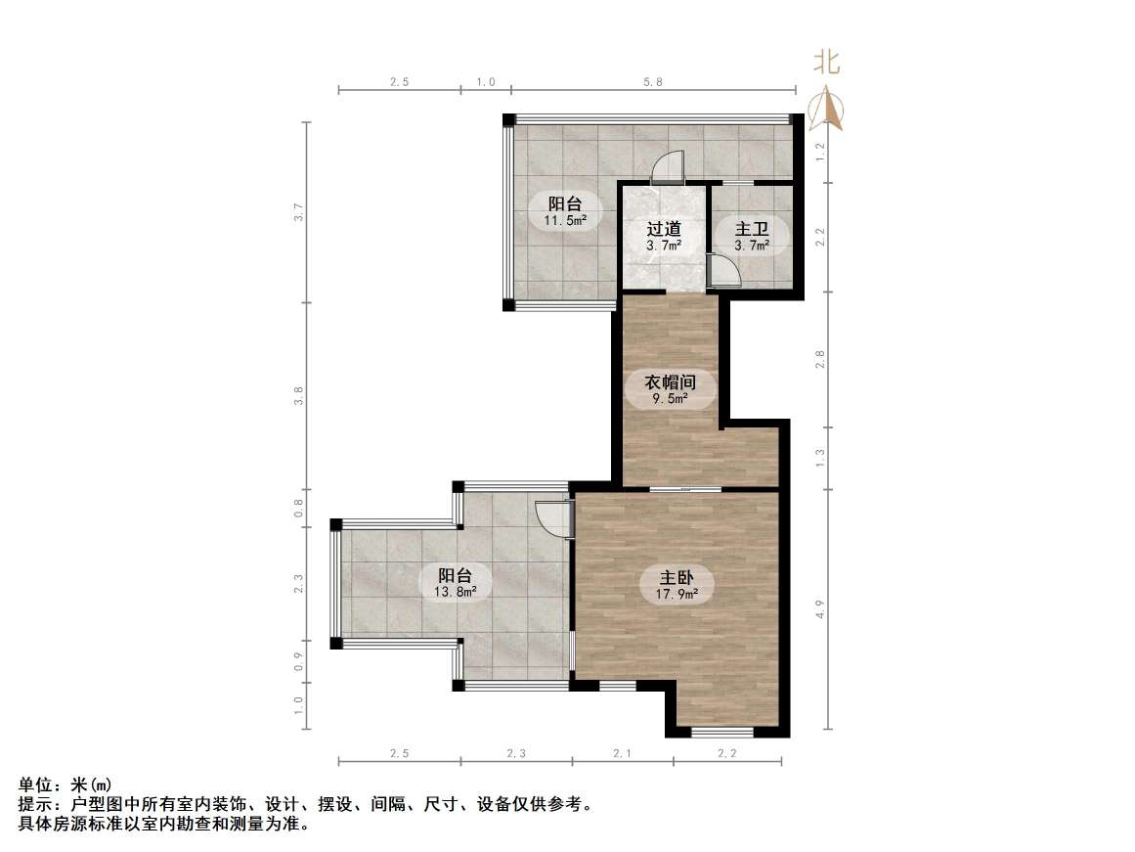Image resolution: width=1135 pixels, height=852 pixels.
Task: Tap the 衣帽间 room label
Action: point(670,381)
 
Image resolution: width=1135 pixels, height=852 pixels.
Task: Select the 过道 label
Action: point(663,230)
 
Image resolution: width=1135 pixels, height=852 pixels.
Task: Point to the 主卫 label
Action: point(752,230)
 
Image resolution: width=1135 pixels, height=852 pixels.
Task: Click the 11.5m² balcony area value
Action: point(565,221)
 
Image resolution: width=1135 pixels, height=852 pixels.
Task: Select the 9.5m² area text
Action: point(670,398)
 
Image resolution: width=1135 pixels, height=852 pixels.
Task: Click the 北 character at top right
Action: point(827,64)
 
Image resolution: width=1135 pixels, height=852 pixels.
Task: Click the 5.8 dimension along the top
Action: point(653,82)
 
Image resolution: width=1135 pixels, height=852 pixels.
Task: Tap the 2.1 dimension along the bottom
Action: point(622,753)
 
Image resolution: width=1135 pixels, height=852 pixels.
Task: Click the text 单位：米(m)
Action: point(65,785)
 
